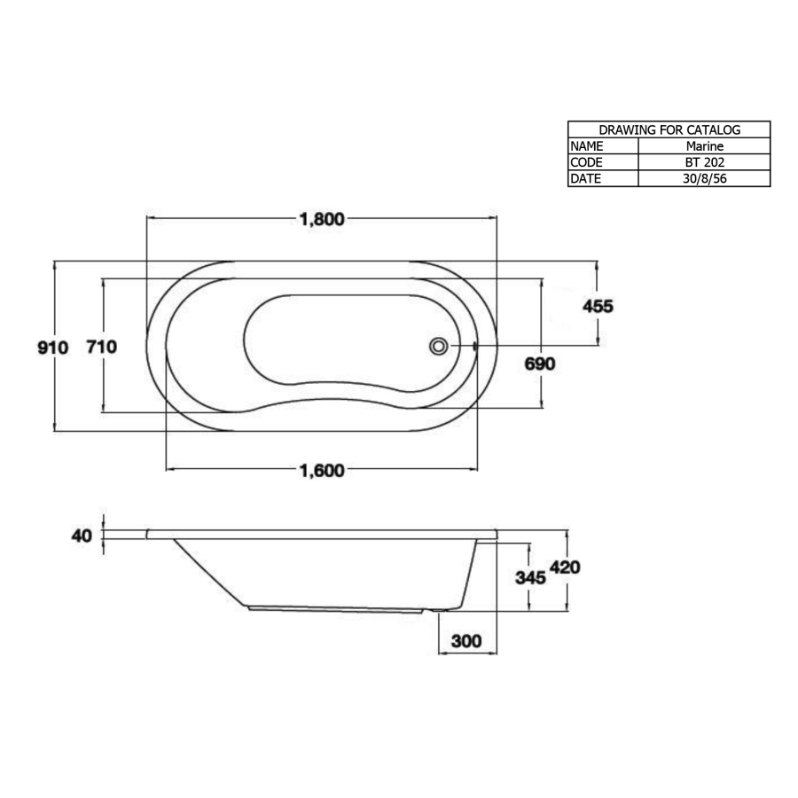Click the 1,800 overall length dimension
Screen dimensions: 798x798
tap(321, 220)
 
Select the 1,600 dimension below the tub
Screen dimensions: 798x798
tap(321, 471)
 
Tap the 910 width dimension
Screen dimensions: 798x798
tap(52, 348)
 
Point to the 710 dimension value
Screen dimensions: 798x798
tap(101, 348)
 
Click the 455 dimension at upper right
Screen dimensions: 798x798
tap(597, 307)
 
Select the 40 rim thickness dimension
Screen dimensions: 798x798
tap(82, 536)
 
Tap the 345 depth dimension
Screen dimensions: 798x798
tap(530, 577)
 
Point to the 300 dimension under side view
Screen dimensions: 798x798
tap(467, 641)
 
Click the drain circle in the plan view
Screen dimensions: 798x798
tap(438, 347)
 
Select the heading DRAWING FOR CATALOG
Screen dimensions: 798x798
tap(669, 129)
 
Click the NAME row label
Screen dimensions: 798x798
tap(587, 146)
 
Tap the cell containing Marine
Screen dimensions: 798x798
tap(704, 146)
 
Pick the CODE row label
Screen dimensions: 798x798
tap(587, 162)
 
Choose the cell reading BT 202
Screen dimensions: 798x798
tap(704, 162)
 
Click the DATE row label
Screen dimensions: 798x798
tap(586, 178)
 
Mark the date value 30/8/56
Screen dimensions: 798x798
tap(704, 178)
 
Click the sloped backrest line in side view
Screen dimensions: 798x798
tap(209, 572)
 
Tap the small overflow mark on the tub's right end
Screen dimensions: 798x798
tap(476, 347)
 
